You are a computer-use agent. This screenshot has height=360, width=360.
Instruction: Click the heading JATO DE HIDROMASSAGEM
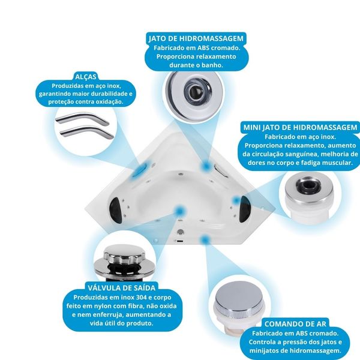[196, 38]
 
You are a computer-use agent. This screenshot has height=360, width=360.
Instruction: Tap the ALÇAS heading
[86, 77]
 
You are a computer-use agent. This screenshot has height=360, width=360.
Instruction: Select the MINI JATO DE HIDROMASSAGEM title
[301, 127]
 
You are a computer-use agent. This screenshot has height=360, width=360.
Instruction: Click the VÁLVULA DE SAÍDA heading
[121, 287]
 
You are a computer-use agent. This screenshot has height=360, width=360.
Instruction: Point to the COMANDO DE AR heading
[295, 324]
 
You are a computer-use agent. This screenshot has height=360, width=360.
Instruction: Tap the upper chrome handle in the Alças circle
[82, 118]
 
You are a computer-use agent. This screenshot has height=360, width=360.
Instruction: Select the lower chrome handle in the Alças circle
[86, 133]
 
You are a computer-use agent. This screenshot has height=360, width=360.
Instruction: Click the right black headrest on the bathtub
[244, 209]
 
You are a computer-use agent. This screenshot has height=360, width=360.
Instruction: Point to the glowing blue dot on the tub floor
[180, 211]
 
